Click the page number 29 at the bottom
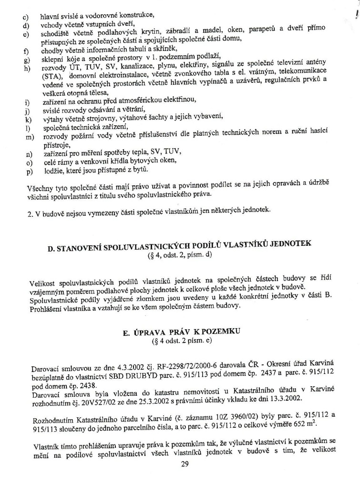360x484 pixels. [x=186, y=465]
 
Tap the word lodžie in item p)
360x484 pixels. [x=51, y=170]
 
